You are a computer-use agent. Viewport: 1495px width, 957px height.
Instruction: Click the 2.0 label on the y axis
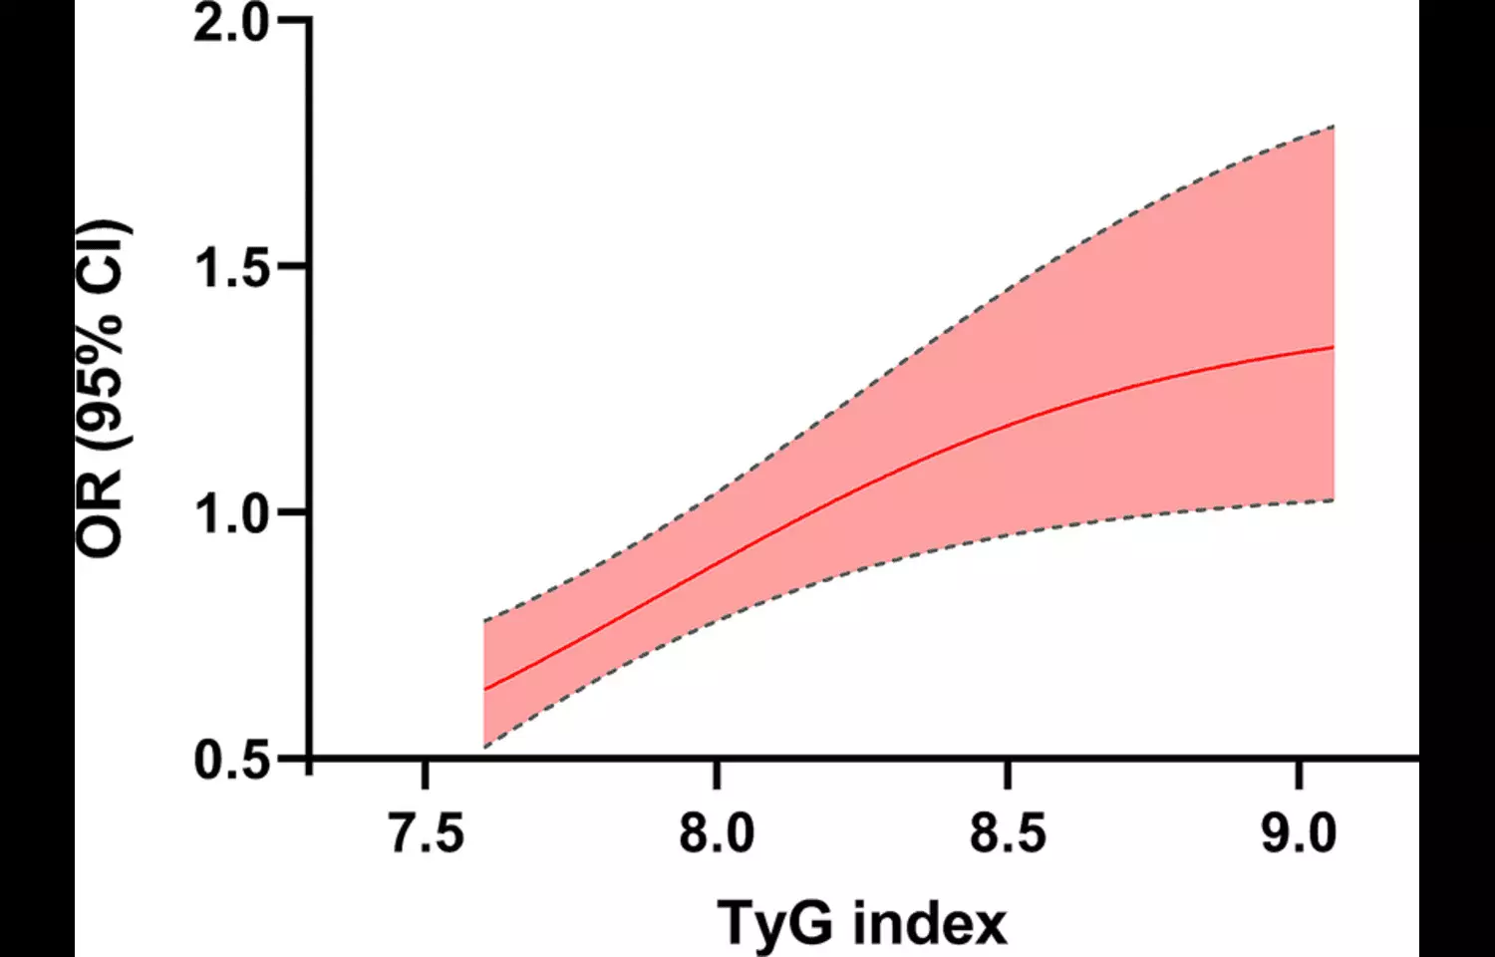[231, 23]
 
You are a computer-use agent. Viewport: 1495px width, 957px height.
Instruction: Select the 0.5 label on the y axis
[232, 760]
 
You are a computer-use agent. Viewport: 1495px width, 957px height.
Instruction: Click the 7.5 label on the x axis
[427, 833]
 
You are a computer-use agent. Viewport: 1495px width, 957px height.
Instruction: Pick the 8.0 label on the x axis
[717, 833]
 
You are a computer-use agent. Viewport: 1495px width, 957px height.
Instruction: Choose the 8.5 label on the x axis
[1008, 833]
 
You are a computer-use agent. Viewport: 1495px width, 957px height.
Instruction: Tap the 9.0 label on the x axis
[1299, 833]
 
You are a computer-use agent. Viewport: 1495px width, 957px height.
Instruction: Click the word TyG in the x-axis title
[774, 923]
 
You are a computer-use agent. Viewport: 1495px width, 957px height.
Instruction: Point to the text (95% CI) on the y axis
[104, 337]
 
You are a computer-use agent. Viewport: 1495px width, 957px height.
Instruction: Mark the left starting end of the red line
[484, 689]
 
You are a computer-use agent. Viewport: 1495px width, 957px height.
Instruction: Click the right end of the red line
[1334, 347]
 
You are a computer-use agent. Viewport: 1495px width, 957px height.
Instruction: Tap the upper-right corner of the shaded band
[1334, 127]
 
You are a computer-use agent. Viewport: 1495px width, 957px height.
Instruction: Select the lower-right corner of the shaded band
[1334, 499]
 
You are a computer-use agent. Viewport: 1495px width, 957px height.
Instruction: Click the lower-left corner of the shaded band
[484, 747]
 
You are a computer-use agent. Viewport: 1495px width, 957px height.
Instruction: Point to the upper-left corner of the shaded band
[484, 621]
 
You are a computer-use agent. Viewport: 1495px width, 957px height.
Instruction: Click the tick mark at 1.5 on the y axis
[293, 267]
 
